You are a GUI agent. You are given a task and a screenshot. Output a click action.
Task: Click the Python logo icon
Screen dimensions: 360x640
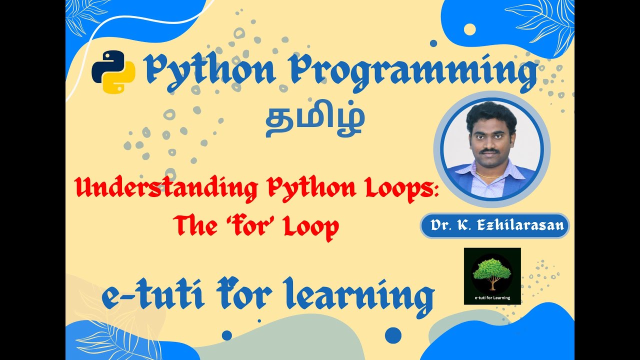tap(113, 71)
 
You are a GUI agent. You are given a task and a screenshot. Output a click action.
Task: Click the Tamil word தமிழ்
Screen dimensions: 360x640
tap(314, 121)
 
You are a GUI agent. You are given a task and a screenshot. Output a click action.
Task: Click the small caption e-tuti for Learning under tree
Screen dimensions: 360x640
tap(492, 297)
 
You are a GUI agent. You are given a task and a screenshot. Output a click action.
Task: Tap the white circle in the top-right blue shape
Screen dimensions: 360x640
tap(469, 29)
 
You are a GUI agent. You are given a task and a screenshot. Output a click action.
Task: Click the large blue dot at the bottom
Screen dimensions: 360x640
tap(393, 335)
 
